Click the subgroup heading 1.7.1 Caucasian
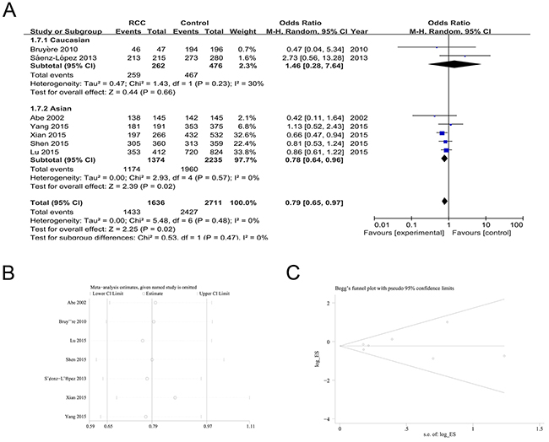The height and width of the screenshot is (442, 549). point(47,40)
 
